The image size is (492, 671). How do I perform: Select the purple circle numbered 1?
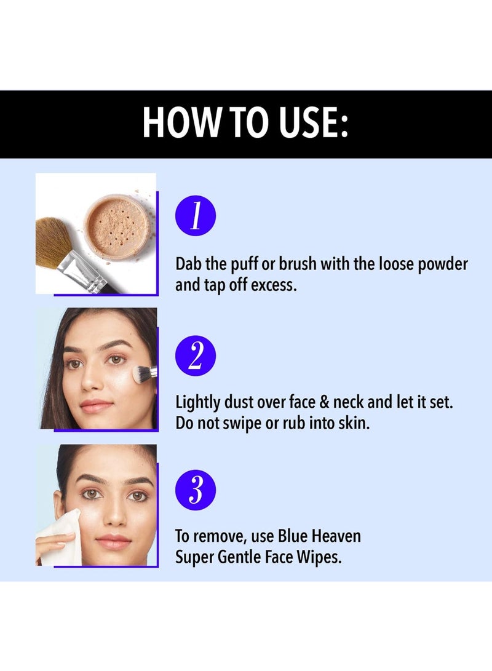point(196,216)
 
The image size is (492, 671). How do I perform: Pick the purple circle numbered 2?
point(196,355)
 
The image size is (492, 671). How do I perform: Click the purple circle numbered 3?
point(196,490)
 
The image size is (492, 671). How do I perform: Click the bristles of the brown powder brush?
point(54,242)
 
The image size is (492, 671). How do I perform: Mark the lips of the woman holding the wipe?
point(113,540)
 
